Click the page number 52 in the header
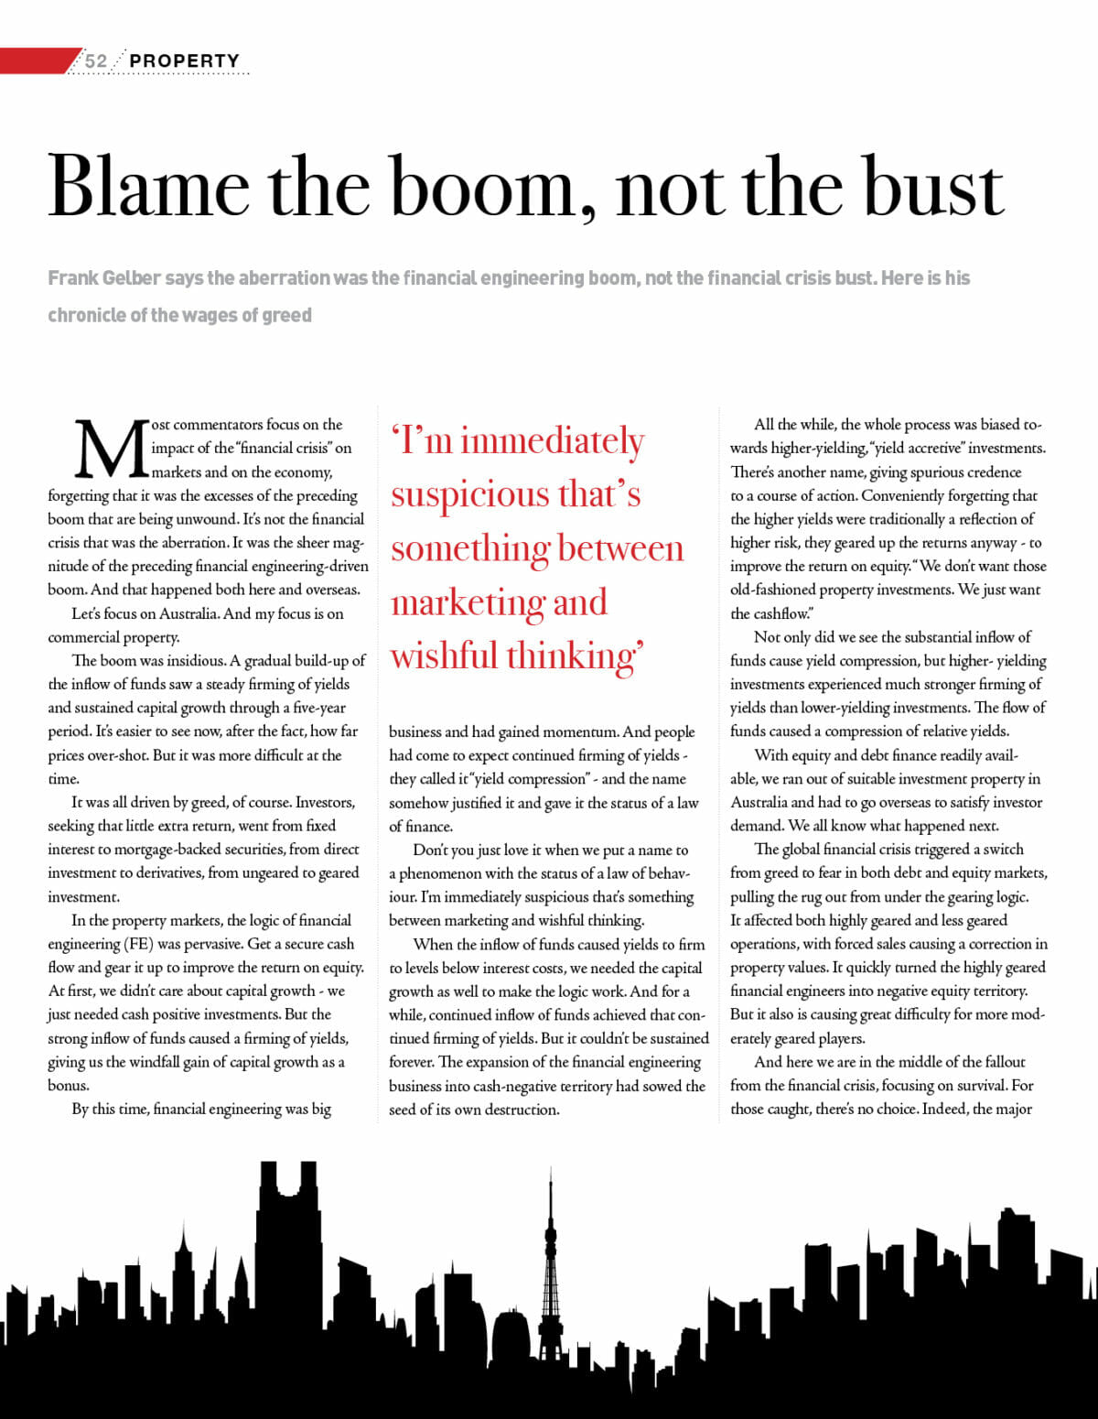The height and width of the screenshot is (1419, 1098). tap(96, 61)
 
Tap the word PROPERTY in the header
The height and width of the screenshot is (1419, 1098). tap(185, 61)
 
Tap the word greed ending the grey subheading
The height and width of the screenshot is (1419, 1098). tap(286, 316)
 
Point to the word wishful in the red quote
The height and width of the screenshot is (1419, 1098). tap(444, 656)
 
